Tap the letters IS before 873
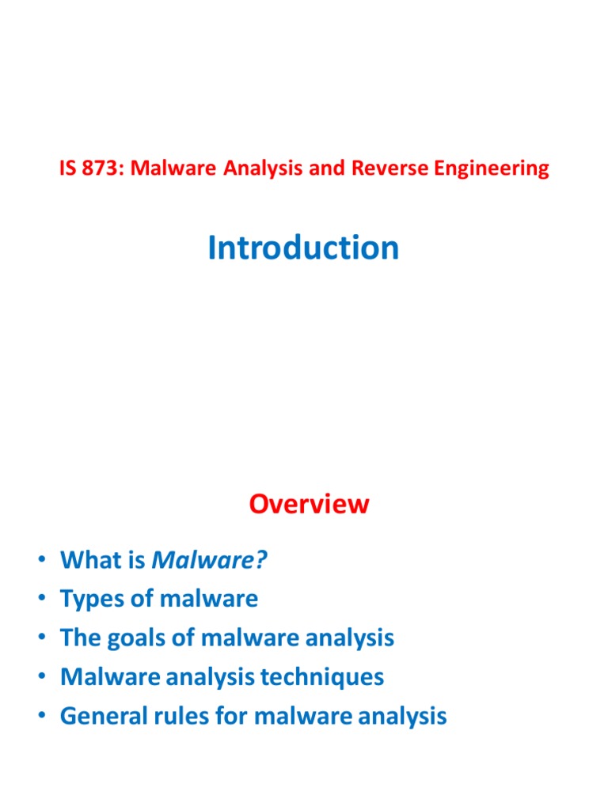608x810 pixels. point(68,168)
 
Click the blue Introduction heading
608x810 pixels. point(303,248)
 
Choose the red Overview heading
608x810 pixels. point(309,505)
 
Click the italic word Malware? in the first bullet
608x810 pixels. point(210,560)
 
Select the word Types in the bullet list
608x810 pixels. point(89,600)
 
